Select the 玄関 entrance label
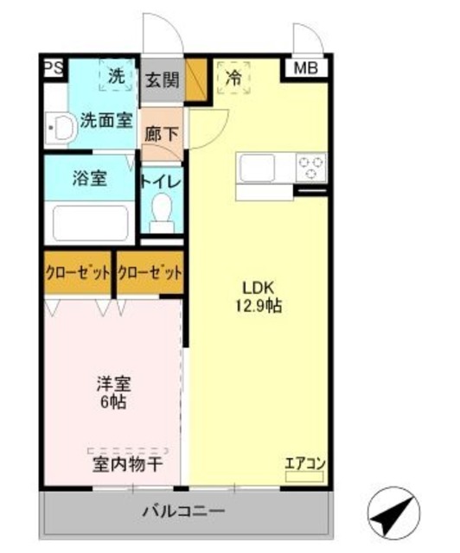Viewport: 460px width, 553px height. (162, 79)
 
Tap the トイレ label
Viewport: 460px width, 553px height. (161, 181)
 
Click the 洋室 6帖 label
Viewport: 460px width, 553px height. (113, 392)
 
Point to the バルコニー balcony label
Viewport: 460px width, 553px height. (184, 511)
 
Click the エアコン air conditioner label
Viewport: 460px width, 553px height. (303, 463)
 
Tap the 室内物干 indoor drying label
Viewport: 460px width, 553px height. (127, 465)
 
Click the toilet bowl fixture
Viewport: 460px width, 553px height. (161, 211)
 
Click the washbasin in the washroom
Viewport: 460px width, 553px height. (60, 129)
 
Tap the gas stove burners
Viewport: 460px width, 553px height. (310, 166)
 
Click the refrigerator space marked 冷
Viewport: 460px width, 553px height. (233, 76)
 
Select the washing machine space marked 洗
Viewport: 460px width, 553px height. (115, 75)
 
